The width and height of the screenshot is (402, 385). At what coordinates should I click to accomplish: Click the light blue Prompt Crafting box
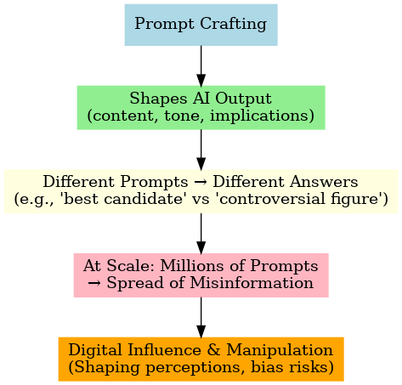[x=201, y=25]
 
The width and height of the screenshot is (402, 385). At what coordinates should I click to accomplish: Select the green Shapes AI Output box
[x=201, y=108]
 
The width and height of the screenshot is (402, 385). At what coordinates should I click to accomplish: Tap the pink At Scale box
[x=201, y=275]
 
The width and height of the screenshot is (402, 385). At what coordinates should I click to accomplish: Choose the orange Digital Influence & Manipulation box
[x=201, y=360]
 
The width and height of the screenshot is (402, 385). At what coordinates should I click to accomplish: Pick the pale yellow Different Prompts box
[x=201, y=191]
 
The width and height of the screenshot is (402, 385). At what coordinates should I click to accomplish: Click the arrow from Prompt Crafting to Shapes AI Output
[x=201, y=65]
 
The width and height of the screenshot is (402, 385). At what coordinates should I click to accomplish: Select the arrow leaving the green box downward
[x=201, y=150]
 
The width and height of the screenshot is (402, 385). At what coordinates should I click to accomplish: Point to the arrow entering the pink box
[x=201, y=234]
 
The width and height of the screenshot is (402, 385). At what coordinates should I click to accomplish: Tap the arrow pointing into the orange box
[x=201, y=318]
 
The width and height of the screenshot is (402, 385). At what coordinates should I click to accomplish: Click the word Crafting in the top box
[x=233, y=24]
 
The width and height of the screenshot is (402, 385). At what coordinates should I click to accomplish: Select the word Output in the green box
[x=244, y=99]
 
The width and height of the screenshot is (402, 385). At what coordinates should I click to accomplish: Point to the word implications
[x=260, y=116]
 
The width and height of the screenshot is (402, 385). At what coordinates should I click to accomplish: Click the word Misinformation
[x=252, y=283]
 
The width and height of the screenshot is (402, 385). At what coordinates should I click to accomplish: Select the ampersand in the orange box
[x=214, y=350]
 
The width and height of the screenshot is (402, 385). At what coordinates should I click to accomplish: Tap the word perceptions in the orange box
[x=195, y=368]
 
